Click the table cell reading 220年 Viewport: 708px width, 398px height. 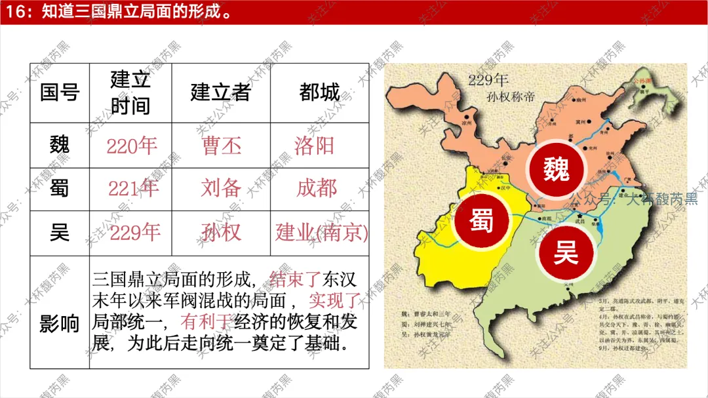132,146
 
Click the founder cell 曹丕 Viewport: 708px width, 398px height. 222,146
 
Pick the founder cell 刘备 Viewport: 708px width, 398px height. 221,189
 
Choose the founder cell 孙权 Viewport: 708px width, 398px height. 221,232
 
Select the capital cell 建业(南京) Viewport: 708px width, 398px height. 321,232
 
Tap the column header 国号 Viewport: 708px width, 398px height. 59,92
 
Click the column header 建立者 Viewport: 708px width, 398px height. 220,92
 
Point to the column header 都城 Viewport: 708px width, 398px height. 319,92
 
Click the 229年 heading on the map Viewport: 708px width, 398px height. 488,81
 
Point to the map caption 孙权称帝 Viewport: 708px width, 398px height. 502,96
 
